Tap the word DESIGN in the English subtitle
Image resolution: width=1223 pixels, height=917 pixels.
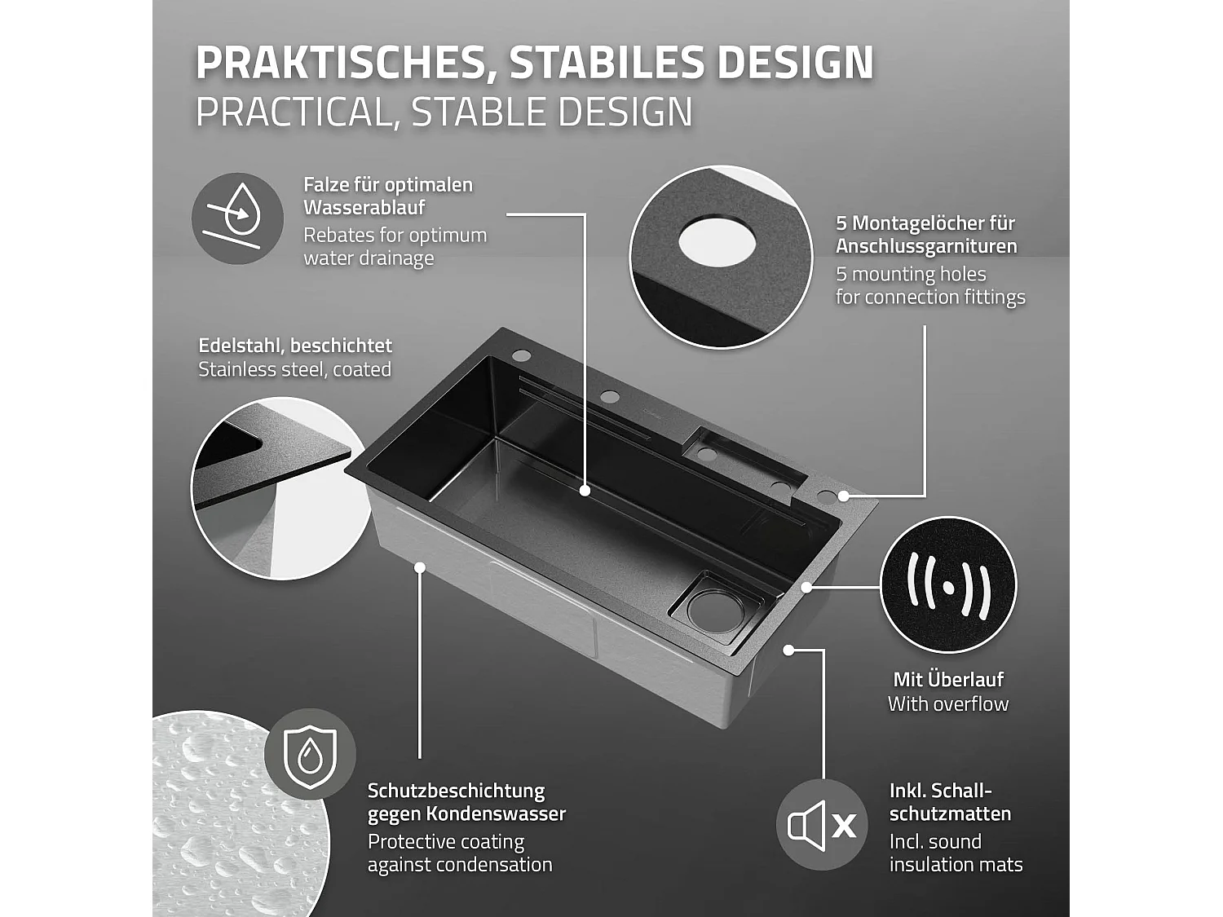(624, 112)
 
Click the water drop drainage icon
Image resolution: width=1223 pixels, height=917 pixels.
(237, 218)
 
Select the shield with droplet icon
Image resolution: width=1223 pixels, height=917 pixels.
(310, 754)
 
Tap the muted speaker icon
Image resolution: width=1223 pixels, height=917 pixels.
(821, 826)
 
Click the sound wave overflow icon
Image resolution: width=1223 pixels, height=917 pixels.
(948, 585)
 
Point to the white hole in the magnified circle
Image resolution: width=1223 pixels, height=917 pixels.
(712, 241)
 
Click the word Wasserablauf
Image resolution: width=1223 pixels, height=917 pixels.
(364, 208)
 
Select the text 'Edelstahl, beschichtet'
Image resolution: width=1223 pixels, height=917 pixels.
(295, 346)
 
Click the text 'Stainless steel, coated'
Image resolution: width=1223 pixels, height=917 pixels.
(295, 369)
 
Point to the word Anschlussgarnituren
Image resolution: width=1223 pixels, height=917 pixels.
(926, 246)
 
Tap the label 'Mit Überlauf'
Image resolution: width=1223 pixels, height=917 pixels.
(948, 679)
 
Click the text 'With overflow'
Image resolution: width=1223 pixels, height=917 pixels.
(948, 703)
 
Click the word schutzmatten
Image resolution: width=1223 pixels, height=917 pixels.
(938, 813)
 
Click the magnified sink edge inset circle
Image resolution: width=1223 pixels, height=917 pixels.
(269, 489)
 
